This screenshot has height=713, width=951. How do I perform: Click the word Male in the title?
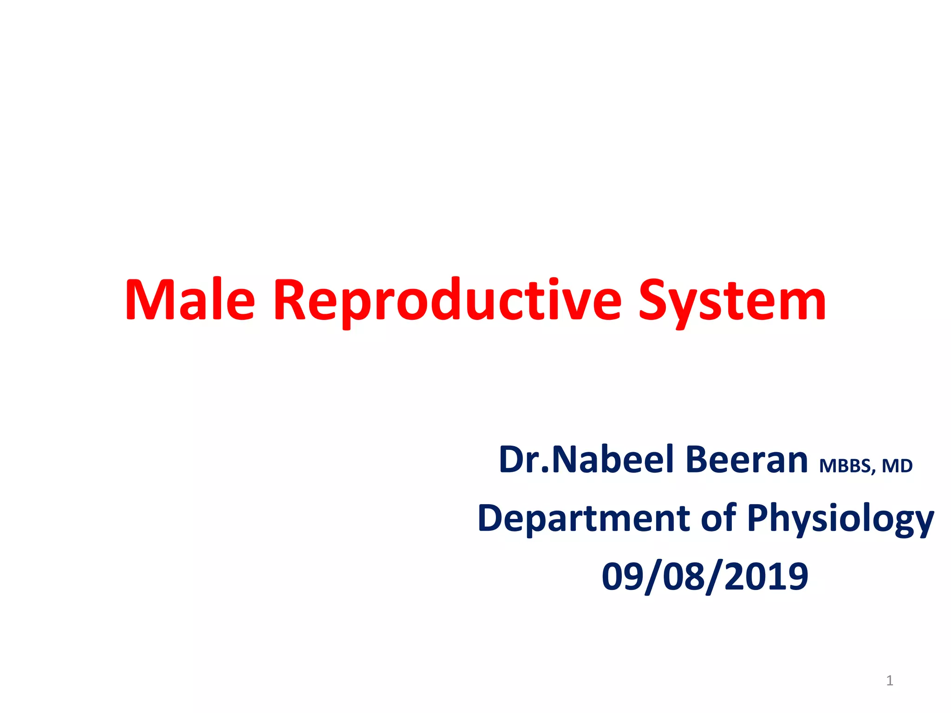(x=190, y=300)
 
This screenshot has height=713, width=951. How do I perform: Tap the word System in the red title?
(x=732, y=300)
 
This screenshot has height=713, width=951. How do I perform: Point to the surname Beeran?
(x=746, y=460)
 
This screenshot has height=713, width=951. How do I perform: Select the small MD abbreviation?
(x=897, y=466)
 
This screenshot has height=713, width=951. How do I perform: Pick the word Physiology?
(x=840, y=519)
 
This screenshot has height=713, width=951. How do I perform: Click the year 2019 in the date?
(x=766, y=577)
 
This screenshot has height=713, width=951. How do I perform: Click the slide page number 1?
(x=890, y=681)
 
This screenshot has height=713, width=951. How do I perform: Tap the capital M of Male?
(x=147, y=300)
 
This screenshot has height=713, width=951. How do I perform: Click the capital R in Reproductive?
(x=290, y=300)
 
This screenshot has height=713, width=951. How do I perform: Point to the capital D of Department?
(x=491, y=519)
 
